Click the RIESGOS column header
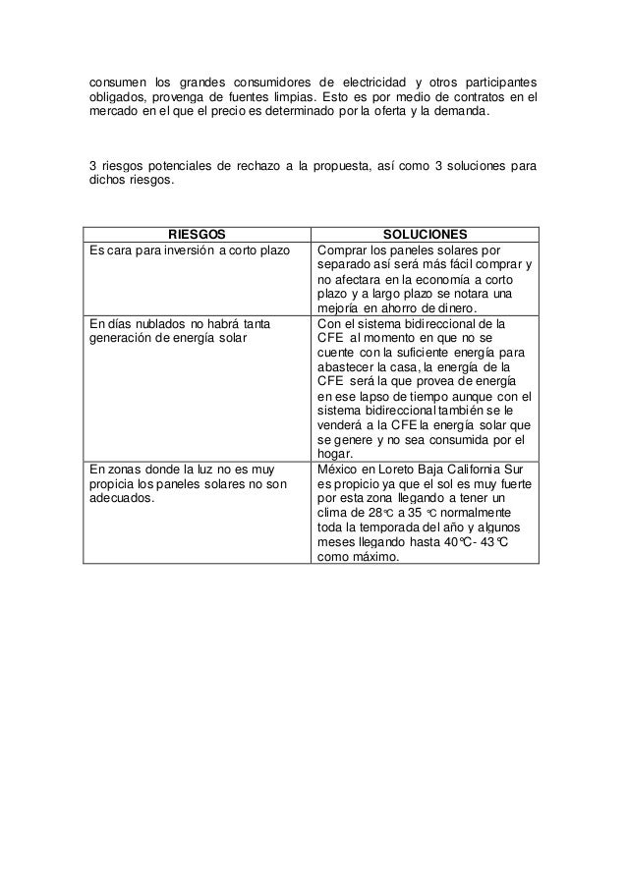click(197, 234)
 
